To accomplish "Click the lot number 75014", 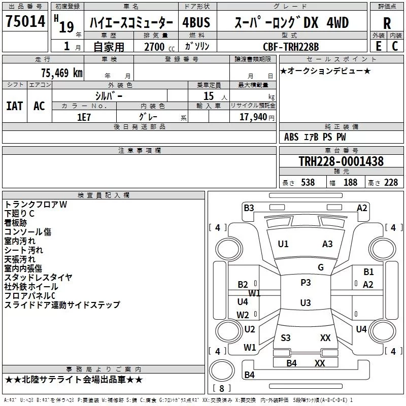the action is (x=25, y=21).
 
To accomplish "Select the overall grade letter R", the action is (x=387, y=23).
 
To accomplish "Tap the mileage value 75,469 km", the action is (x=62, y=73).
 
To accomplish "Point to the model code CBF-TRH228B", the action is (x=291, y=47).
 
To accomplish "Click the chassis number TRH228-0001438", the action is (x=341, y=161).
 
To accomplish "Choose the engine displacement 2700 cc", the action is (x=159, y=47).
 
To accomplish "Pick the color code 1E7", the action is (x=84, y=117).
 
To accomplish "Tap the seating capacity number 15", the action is (x=209, y=96).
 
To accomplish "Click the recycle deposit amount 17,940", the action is (x=253, y=117).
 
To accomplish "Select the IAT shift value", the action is (x=15, y=106).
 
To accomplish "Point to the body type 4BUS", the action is (x=196, y=22).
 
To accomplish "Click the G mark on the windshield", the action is (x=321, y=267).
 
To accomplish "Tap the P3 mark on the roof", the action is (x=306, y=283).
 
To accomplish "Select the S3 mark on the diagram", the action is (x=286, y=337).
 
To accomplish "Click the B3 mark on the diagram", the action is (x=249, y=208).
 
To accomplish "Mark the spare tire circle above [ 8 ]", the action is (x=222, y=370).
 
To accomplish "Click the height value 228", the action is (x=391, y=183).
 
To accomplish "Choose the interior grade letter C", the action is (x=395, y=46).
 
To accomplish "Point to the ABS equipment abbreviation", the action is (x=291, y=137).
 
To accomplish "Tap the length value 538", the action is (x=308, y=183).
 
